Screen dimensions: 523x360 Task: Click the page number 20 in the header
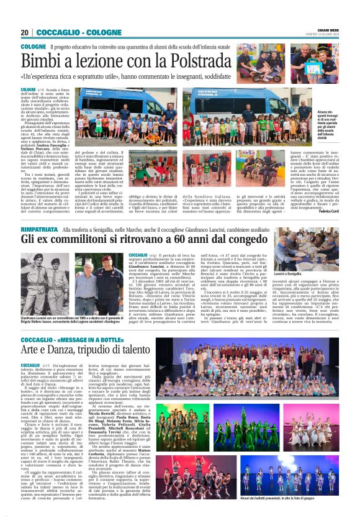pos(24,32)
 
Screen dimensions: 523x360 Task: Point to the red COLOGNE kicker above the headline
pos(33,47)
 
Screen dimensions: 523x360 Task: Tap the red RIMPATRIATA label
pos(40,230)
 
